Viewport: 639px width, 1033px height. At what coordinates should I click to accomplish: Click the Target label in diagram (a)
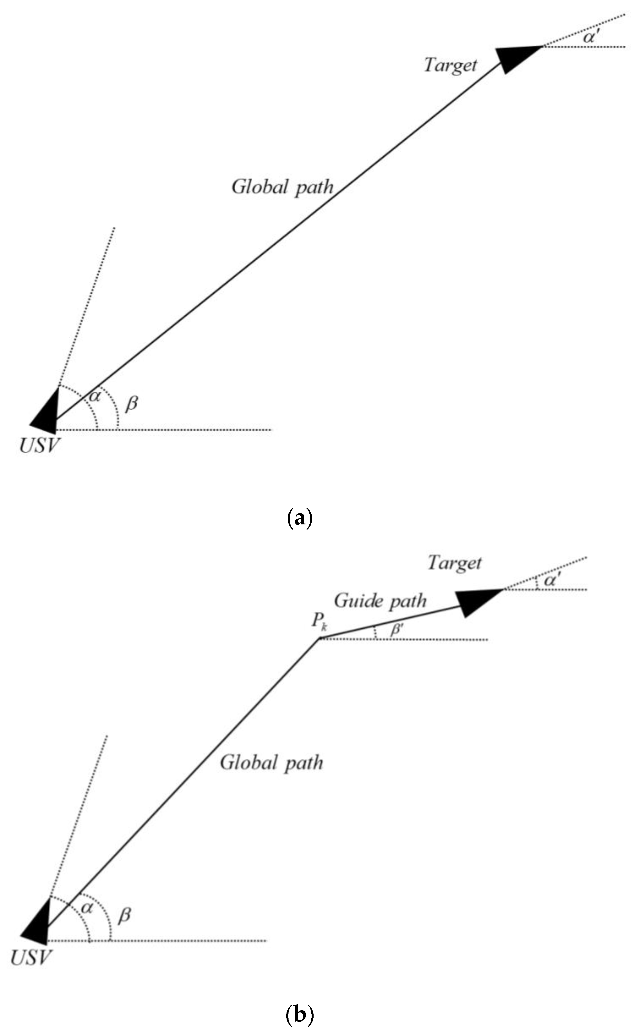pos(450,66)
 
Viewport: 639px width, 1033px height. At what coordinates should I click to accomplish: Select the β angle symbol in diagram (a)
pos(131,403)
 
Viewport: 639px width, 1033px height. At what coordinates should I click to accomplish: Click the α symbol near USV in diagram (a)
pos(95,396)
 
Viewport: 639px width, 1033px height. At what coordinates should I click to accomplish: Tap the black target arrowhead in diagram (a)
pos(516,58)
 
